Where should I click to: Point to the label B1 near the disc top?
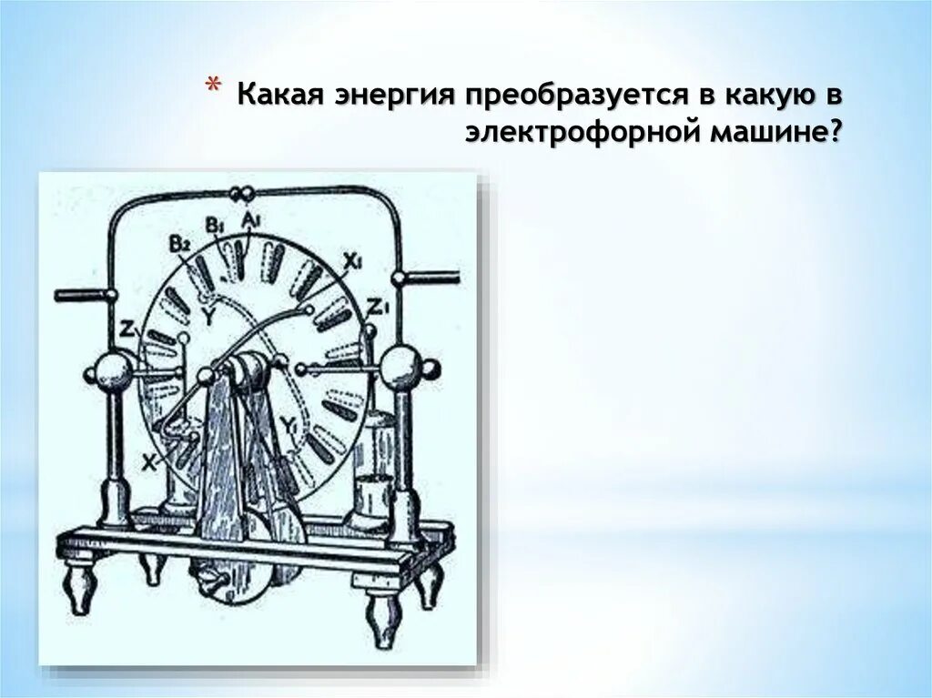click(214, 224)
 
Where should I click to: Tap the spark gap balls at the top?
click(243, 193)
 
